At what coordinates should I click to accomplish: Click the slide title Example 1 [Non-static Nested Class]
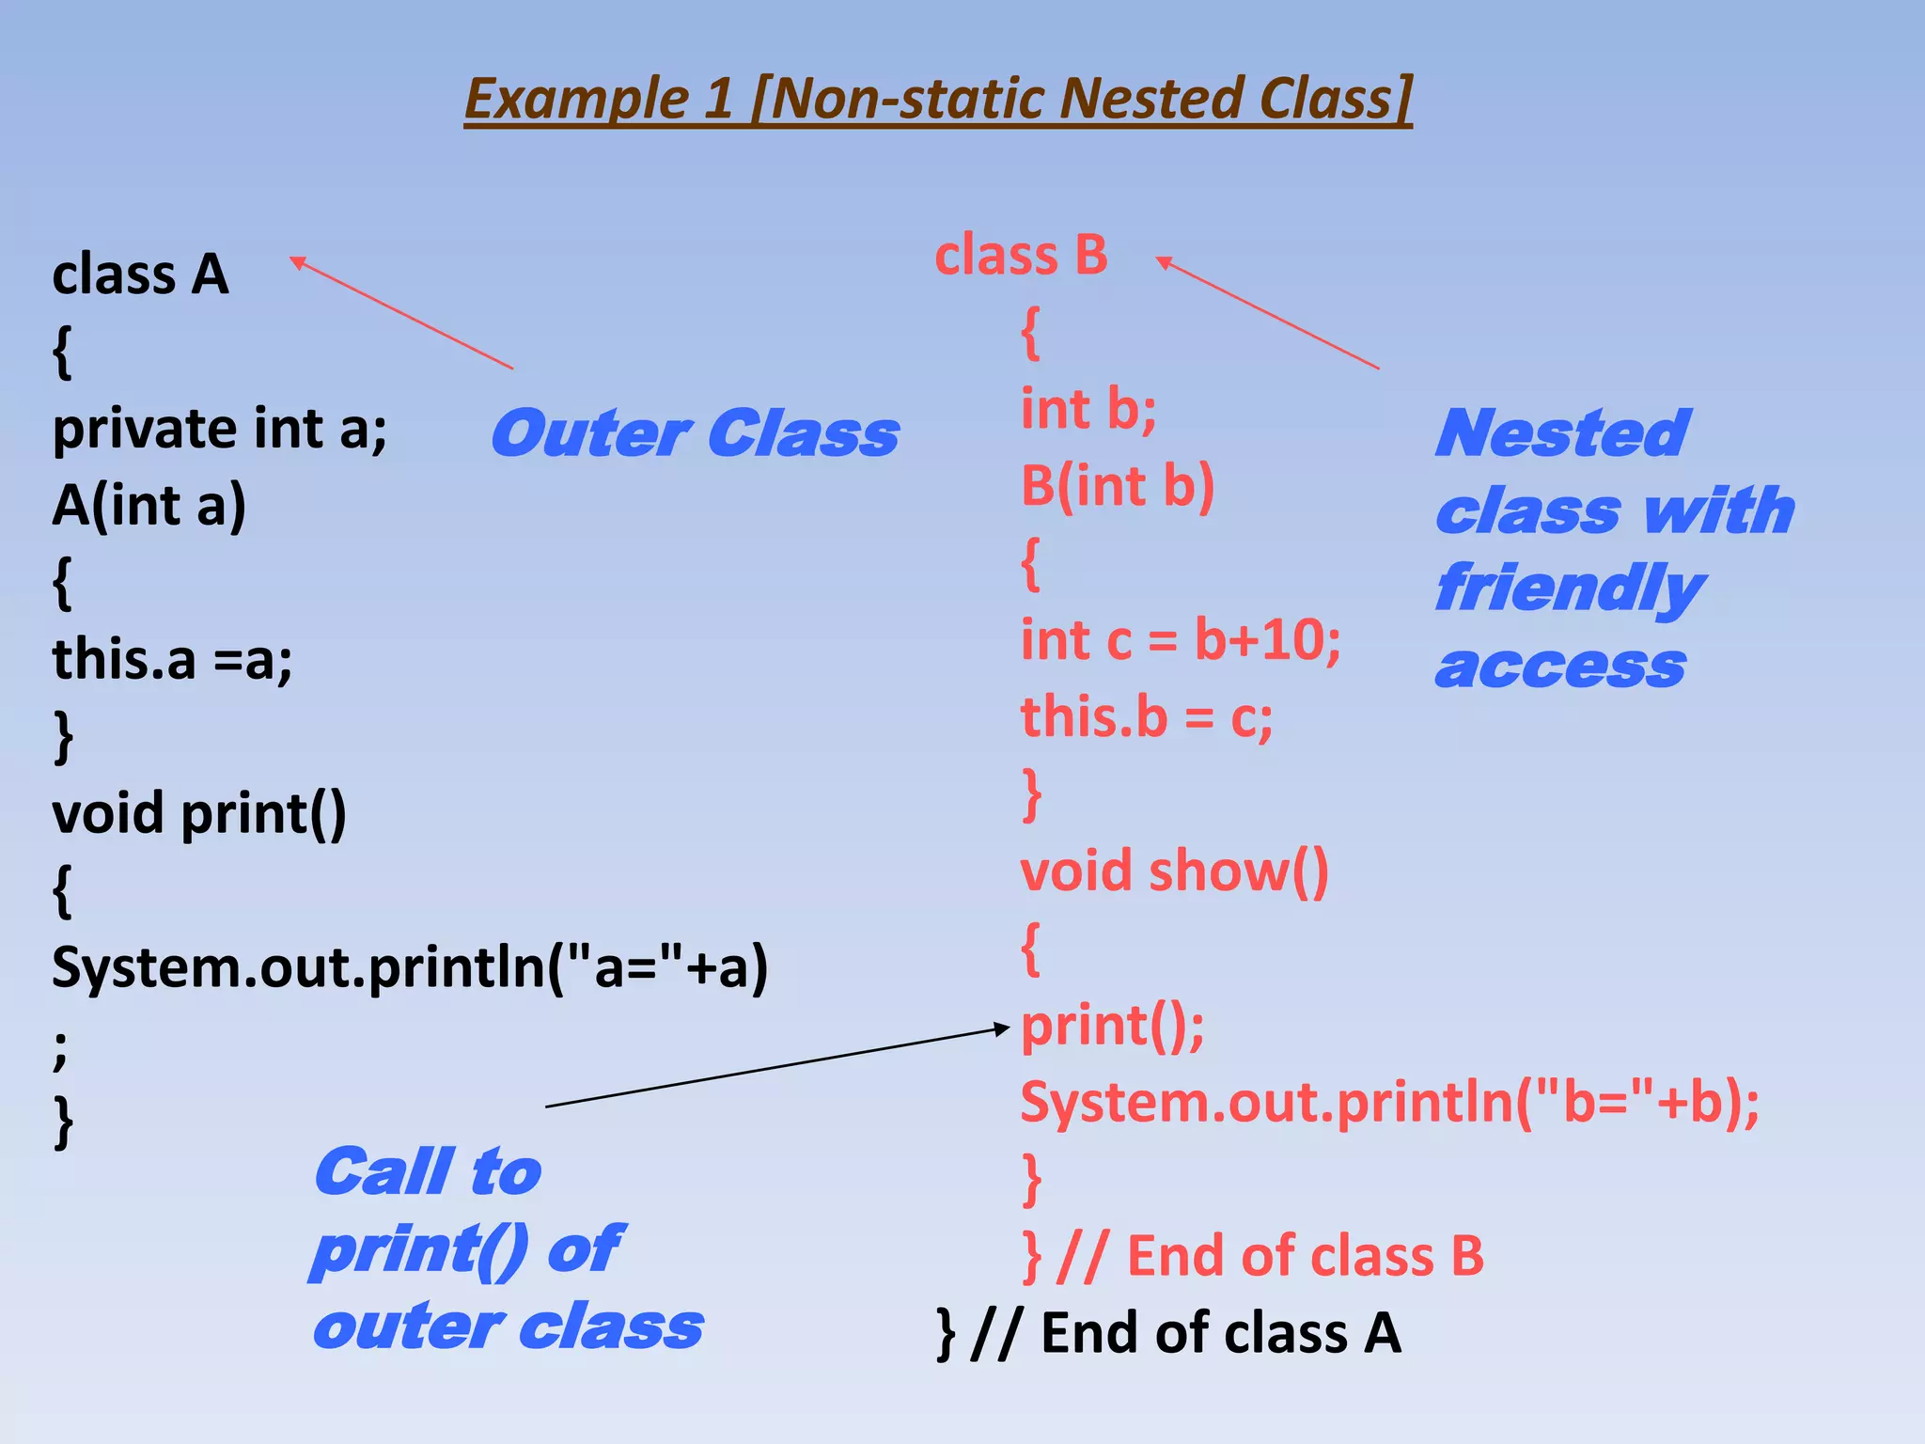click(938, 99)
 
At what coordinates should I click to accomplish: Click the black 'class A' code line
click(141, 275)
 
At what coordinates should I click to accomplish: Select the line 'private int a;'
click(219, 430)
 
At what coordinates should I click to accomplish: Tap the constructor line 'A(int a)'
click(149, 506)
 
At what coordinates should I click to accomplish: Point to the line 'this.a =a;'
click(172, 660)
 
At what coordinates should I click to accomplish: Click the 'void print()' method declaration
click(199, 813)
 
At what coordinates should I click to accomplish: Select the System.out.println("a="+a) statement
click(410, 967)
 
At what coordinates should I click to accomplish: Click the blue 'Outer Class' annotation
click(694, 434)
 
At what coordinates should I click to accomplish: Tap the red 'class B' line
click(1021, 256)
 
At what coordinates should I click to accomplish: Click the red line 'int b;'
click(1088, 410)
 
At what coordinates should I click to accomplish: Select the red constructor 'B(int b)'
click(1118, 487)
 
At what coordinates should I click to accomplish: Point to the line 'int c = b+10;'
click(1181, 641)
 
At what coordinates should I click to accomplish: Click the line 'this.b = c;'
click(1147, 718)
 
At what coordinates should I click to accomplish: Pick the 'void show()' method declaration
click(1174, 871)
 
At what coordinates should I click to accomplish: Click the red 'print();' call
click(1112, 1026)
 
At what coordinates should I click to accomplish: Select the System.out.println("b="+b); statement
click(1389, 1103)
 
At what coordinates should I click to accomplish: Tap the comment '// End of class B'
click(1271, 1257)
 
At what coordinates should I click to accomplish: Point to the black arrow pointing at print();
click(776, 1068)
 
